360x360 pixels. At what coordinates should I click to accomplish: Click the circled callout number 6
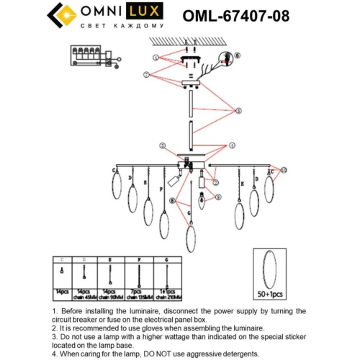(239, 55)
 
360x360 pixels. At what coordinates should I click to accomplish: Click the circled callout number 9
(218, 197)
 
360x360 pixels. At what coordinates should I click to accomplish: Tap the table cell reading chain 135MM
(139, 295)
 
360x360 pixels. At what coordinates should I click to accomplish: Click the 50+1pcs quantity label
(271, 295)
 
